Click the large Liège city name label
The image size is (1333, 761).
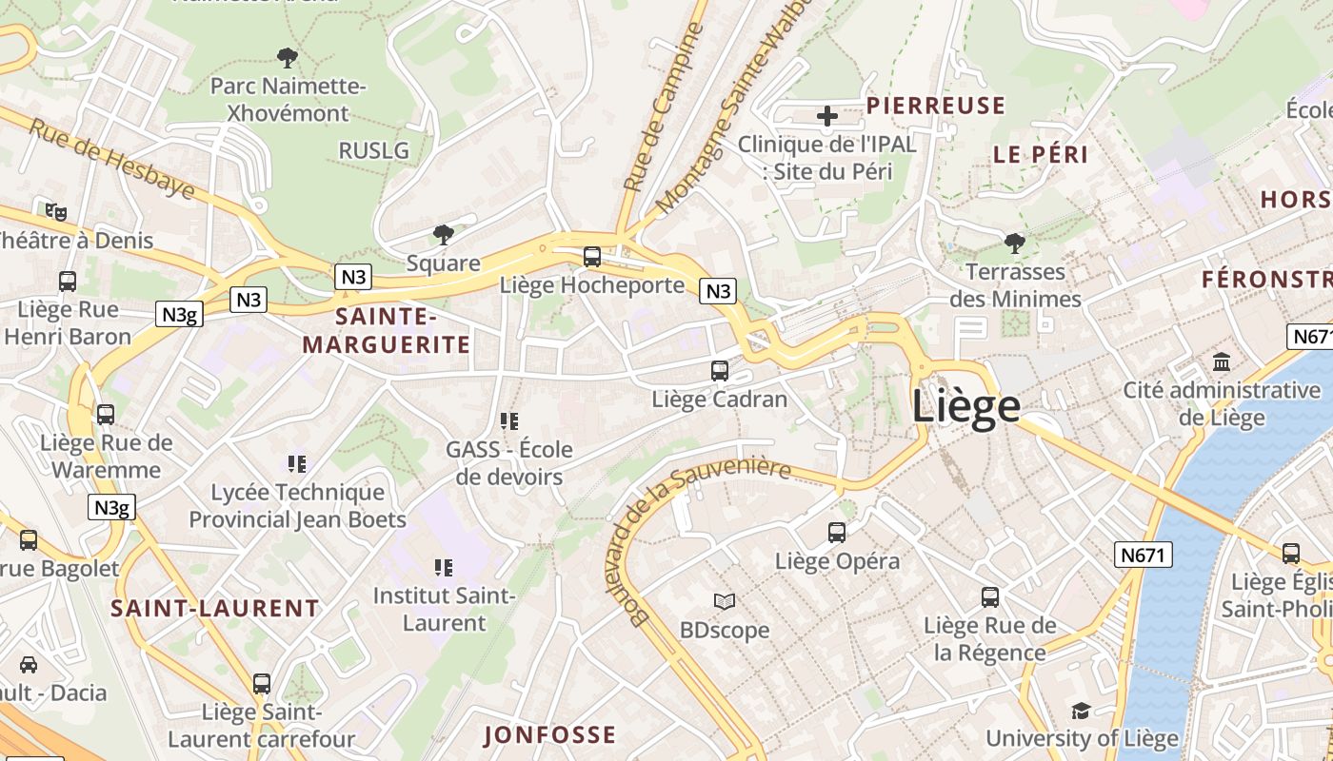coord(966,406)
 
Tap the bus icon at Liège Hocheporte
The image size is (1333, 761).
coord(592,256)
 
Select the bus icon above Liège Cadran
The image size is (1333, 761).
coord(720,371)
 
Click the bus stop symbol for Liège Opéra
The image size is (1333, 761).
coord(837,533)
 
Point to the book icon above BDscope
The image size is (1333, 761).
coord(725,601)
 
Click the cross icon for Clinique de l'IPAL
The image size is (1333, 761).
coord(827,116)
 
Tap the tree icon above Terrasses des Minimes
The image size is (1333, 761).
coord(1015,243)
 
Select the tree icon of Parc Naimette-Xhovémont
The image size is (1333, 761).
coord(287,57)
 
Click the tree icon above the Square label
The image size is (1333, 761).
coord(443,233)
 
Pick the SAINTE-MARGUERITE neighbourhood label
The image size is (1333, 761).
coord(387,330)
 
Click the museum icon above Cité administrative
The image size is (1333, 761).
coord(1222,361)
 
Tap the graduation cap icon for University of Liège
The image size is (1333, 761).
coord(1081,711)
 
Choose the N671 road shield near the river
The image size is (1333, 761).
coord(1143,555)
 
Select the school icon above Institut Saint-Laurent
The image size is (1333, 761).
coord(443,568)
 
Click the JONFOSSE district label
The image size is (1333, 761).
coord(549,734)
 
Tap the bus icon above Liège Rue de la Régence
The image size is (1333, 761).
coord(990,597)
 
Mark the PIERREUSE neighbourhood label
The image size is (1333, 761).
coord(935,106)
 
